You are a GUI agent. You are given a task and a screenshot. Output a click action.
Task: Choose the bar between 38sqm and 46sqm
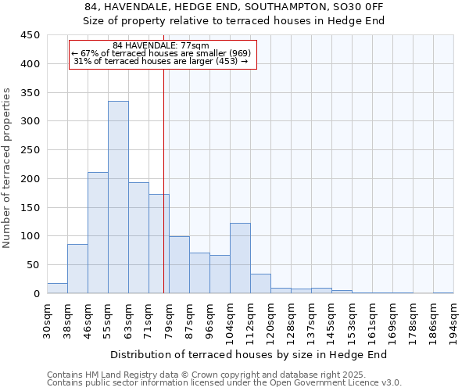77,269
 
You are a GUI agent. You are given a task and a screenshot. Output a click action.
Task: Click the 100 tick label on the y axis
30,236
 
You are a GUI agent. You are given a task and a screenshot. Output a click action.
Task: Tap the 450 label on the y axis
30,35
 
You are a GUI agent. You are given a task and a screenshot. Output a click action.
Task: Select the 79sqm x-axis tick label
169,320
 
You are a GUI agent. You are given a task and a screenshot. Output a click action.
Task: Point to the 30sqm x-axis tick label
47,320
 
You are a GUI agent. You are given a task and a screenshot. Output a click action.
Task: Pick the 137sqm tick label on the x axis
311,323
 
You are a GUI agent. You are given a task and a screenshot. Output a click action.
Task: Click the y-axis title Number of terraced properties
8,168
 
